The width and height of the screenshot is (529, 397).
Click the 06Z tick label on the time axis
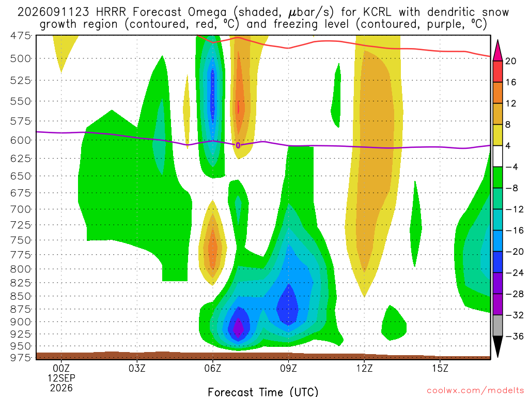pyautogui.click(x=212, y=368)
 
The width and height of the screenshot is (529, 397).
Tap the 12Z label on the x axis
pyautogui.click(x=364, y=368)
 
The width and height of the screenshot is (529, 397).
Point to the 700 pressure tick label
pyautogui.click(x=21, y=209)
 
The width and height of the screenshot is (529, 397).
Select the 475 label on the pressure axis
pyautogui.click(x=21, y=36)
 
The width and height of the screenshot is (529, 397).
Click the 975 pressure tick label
pyautogui.click(x=21, y=357)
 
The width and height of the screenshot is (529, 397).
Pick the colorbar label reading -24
pyautogui.click(x=515, y=272)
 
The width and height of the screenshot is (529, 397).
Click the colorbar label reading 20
pyautogui.click(x=511, y=61)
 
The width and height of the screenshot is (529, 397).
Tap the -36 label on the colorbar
pyautogui.click(x=515, y=336)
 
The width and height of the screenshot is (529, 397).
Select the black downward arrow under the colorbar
pyautogui.click(x=497, y=345)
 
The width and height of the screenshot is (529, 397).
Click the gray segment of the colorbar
pyautogui.click(x=497, y=326)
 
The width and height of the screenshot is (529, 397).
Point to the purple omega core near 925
pyautogui.click(x=238, y=328)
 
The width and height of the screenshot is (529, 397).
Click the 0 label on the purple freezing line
pyautogui.click(x=238, y=145)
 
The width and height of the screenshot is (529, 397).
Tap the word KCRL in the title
pyautogui.click(x=377, y=12)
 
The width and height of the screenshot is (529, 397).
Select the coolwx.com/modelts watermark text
pyautogui.click(x=475, y=391)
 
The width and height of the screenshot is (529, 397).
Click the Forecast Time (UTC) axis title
pyautogui.click(x=263, y=392)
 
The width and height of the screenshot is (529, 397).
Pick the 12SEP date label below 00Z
pyautogui.click(x=61, y=378)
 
